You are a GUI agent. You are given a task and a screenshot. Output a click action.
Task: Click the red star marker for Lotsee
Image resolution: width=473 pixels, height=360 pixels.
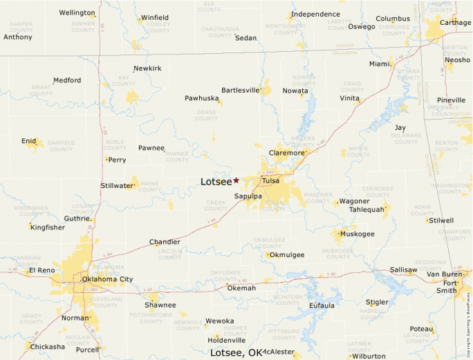236,180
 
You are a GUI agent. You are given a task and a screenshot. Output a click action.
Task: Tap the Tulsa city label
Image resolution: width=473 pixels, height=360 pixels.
270,182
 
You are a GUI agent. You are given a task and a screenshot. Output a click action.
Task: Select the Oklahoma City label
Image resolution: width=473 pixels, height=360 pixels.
107,279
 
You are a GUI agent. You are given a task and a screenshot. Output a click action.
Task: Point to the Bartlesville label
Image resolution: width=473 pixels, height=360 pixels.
240,91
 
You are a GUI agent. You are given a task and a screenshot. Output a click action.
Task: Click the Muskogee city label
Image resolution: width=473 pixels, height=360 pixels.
357,234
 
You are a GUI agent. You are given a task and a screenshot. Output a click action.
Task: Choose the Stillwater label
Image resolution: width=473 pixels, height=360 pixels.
116,186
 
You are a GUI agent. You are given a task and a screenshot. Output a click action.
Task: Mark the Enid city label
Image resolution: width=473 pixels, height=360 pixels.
28,141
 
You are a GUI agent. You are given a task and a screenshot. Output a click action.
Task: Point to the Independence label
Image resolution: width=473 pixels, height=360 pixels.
315,15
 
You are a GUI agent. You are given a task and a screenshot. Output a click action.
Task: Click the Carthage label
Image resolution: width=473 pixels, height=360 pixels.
455,23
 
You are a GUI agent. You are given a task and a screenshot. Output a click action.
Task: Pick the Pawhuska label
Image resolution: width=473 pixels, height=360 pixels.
201,99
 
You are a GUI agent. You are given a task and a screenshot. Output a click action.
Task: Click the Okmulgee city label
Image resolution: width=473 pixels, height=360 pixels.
287,255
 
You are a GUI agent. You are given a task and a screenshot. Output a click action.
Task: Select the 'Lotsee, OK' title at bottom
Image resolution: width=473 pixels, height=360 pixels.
236,352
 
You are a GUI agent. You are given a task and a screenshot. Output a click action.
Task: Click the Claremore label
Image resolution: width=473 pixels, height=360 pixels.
286,153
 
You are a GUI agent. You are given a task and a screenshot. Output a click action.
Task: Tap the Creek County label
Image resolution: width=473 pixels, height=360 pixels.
216,205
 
